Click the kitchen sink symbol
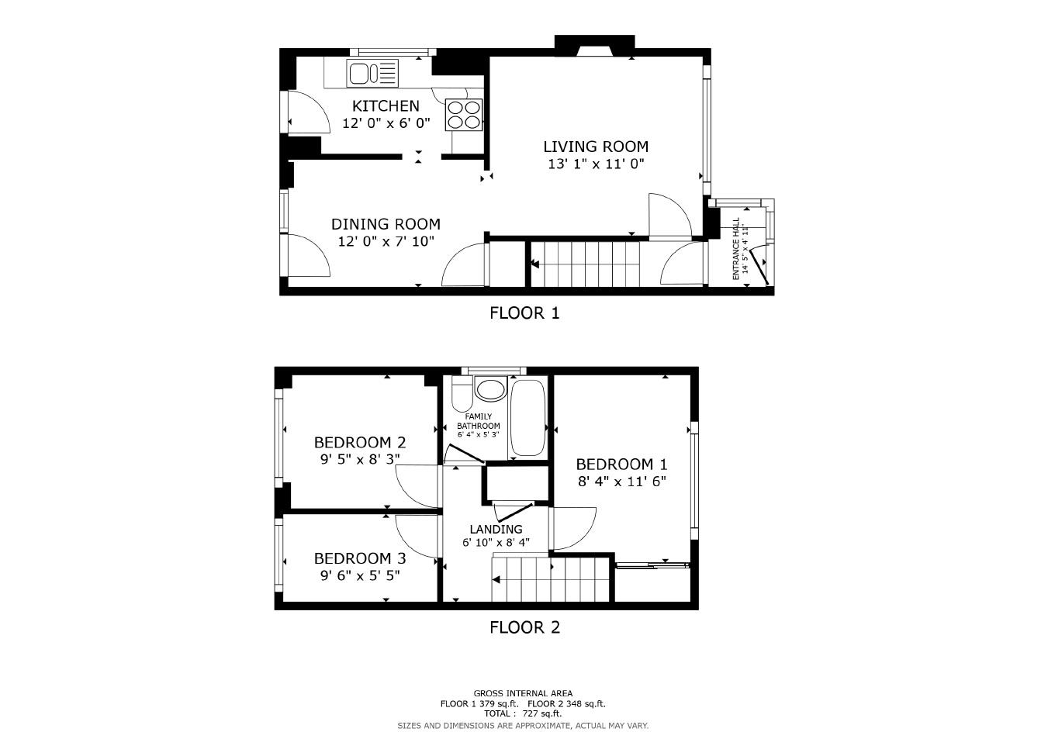[x=372, y=74]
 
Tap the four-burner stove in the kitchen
[x=463, y=115]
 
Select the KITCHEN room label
[x=386, y=106]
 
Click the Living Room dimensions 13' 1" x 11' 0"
[x=596, y=164]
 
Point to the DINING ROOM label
[x=386, y=224]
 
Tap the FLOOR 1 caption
[x=524, y=313]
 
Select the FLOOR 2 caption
[x=524, y=627]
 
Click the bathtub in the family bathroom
[x=528, y=418]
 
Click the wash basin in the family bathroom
[x=489, y=389]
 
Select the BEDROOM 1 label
[x=621, y=464]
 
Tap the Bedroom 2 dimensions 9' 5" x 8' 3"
[x=360, y=459]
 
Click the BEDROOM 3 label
[x=360, y=558]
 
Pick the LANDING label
[x=496, y=529]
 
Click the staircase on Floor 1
[x=590, y=264]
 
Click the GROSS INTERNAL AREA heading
[x=523, y=693]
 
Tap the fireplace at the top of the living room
[x=595, y=48]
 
